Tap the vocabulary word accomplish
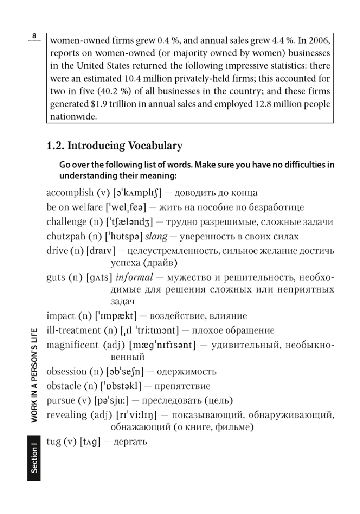pyautogui.click(x=70, y=193)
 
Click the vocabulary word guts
pyautogui.click(x=56, y=277)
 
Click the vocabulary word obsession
pyautogui.click(x=65, y=371)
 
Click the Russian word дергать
pyautogui.click(x=129, y=442)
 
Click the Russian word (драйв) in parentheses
pyautogui.click(x=161, y=263)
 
